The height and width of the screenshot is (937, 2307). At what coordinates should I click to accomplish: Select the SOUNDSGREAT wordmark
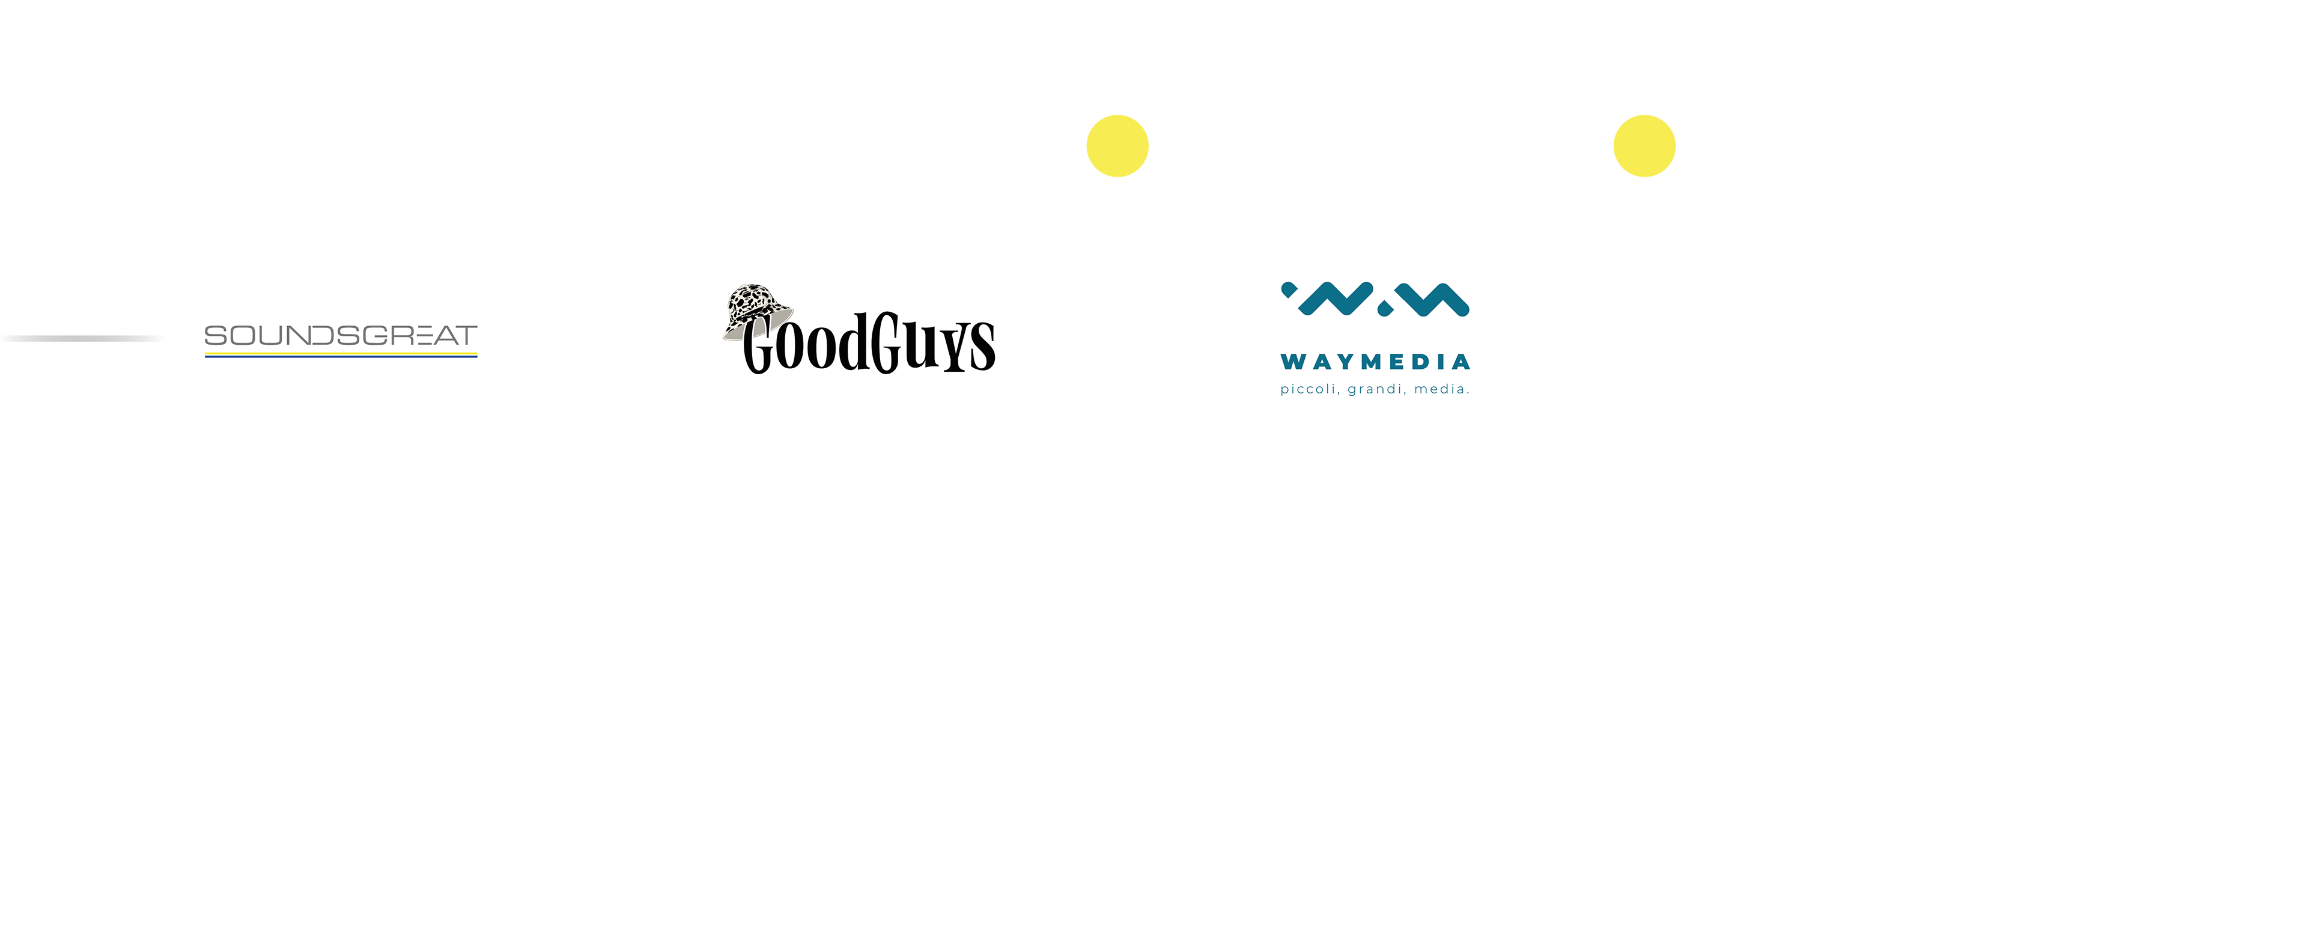pyautogui.click(x=340, y=335)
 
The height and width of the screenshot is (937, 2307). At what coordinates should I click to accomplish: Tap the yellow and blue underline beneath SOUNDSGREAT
pyautogui.click(x=340, y=355)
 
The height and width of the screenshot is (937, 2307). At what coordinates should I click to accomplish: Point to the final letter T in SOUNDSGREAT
pyautogui.click(x=465, y=335)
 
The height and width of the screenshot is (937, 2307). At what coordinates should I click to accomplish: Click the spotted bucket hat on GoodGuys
pyautogui.click(x=758, y=310)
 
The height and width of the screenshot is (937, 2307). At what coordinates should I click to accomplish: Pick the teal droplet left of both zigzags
pyautogui.click(x=1289, y=290)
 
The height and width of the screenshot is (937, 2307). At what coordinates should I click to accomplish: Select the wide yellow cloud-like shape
pyautogui.click(x=1117, y=144)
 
